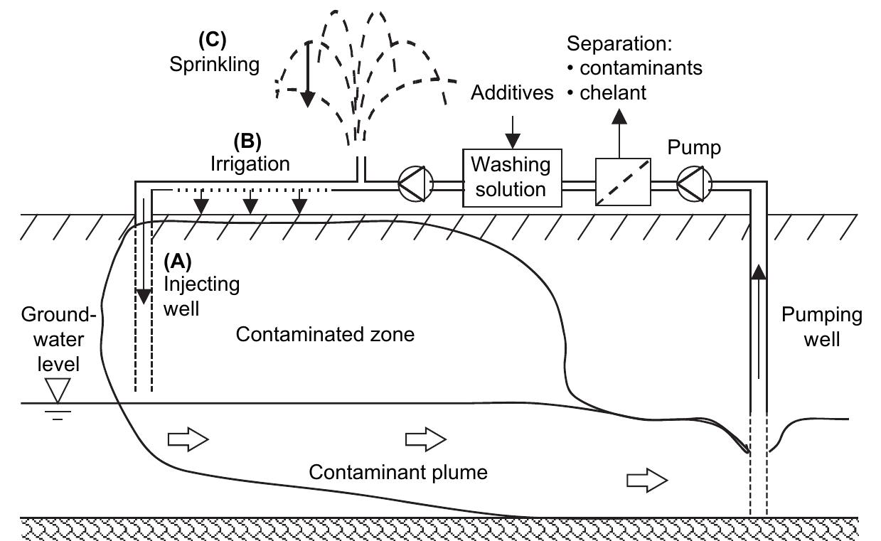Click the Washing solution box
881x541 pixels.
[512, 177]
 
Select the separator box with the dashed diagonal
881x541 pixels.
[622, 183]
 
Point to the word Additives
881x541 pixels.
[512, 93]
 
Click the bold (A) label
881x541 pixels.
[178, 260]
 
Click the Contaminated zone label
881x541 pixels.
[325, 334]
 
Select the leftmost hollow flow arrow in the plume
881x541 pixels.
[188, 440]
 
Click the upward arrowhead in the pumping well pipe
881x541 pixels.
[759, 270]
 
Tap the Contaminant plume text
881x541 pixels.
[398, 472]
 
